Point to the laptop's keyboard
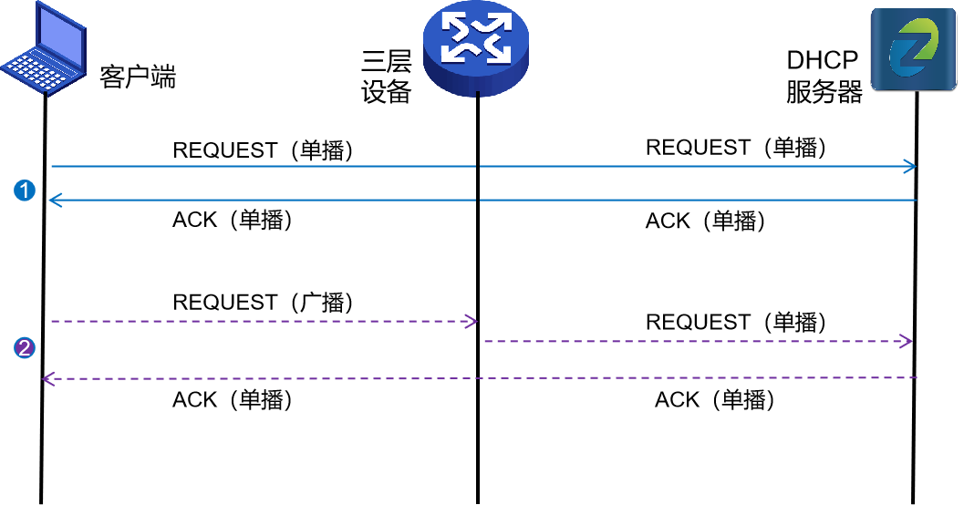pyautogui.click(x=33, y=71)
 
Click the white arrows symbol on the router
pyautogui.click(x=475, y=39)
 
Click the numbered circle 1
pyautogui.click(x=26, y=191)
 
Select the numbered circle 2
pyautogui.click(x=26, y=347)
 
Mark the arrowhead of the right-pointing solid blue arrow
pyautogui.click(x=909, y=167)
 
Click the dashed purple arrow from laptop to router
pyautogui.click(x=264, y=321)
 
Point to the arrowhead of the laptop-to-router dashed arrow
pyautogui.click(x=472, y=321)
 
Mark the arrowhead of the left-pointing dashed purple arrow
pyautogui.click(x=48, y=379)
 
